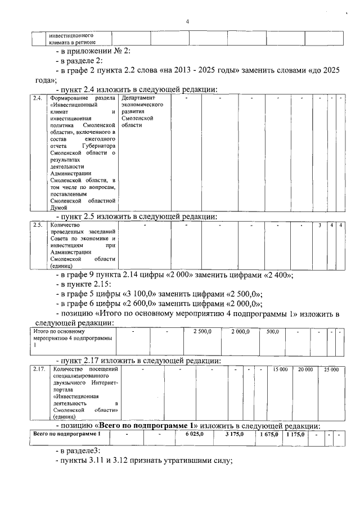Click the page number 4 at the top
(x=187, y=21)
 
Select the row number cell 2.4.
(x=37, y=99)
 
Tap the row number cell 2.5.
(x=37, y=226)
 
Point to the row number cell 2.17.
(x=37, y=369)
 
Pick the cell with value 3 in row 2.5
(x=319, y=226)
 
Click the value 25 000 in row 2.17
(x=331, y=369)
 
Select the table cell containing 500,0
(x=273, y=332)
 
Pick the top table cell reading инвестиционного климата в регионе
(x=71, y=38)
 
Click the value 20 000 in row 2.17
(x=305, y=369)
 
